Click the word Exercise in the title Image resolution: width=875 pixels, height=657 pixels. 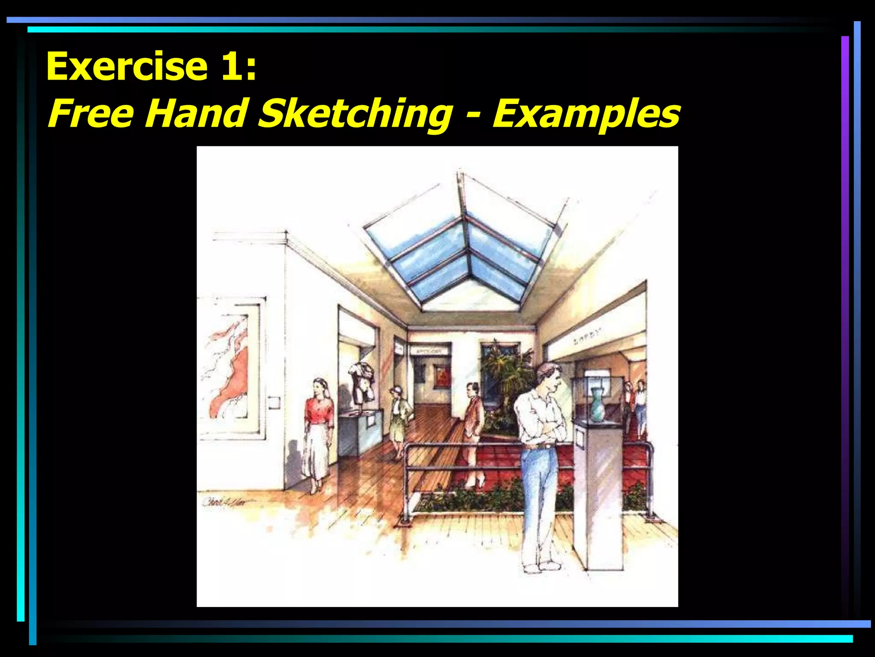pos(127,66)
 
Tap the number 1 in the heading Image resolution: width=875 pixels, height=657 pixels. pos(231,66)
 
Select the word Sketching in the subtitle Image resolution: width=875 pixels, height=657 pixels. pos(355,113)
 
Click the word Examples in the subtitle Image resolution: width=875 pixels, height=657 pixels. pos(586,113)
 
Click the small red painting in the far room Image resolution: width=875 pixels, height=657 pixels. pos(442,376)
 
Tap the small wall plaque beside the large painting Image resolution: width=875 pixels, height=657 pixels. pos(274,402)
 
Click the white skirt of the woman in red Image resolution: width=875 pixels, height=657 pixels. pos(317,451)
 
